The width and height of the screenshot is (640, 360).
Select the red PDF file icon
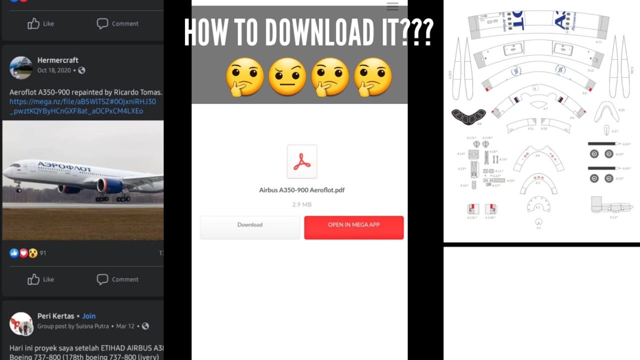302,161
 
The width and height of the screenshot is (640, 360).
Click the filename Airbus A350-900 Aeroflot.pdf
301,190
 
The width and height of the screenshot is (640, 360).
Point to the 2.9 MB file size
301,204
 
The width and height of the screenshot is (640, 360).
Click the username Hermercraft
57,60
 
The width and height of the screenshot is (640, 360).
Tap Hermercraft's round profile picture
21,67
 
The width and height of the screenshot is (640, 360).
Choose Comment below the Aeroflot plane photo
118,279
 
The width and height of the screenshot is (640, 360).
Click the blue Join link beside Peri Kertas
89,316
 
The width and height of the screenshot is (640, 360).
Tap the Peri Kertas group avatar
21,323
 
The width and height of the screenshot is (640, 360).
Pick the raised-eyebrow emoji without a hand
287,76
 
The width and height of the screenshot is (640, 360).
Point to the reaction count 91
42,253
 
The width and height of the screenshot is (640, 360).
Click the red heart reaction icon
23,253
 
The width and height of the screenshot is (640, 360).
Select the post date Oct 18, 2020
54,70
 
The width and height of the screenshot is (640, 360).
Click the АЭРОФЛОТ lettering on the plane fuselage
65,167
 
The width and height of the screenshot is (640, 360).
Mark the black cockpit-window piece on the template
468,116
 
